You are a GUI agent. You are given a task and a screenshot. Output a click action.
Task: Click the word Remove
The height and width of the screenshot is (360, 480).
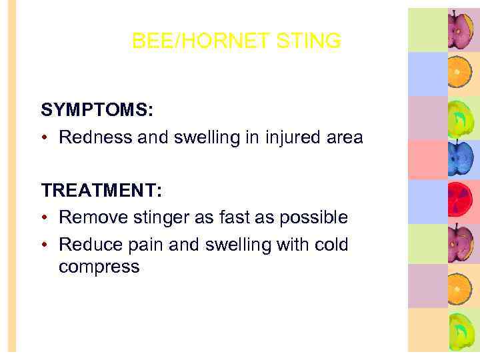[x=90, y=217]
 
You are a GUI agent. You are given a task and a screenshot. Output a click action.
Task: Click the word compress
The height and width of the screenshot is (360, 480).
[x=99, y=267]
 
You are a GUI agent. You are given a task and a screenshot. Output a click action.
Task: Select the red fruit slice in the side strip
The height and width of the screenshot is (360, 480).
[x=460, y=200]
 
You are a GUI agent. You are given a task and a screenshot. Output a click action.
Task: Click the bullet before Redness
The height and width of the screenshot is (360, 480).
[x=45, y=138]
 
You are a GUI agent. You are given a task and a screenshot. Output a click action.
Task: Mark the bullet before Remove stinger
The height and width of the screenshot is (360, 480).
[x=45, y=218]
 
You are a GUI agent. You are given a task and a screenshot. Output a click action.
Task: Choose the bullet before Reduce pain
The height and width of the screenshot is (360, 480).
[x=45, y=245]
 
